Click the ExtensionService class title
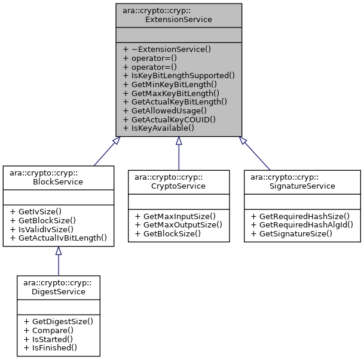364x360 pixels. (179, 15)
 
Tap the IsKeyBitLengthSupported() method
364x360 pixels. (178, 75)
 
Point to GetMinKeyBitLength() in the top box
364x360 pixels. (170, 84)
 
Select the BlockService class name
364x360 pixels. (58, 177)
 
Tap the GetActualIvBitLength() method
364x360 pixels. (58, 237)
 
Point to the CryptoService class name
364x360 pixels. (179, 181)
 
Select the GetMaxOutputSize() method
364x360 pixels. (179, 224)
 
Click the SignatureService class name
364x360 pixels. (302, 181)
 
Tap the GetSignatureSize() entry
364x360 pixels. (293, 233)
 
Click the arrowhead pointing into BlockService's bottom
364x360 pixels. (58, 251)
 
